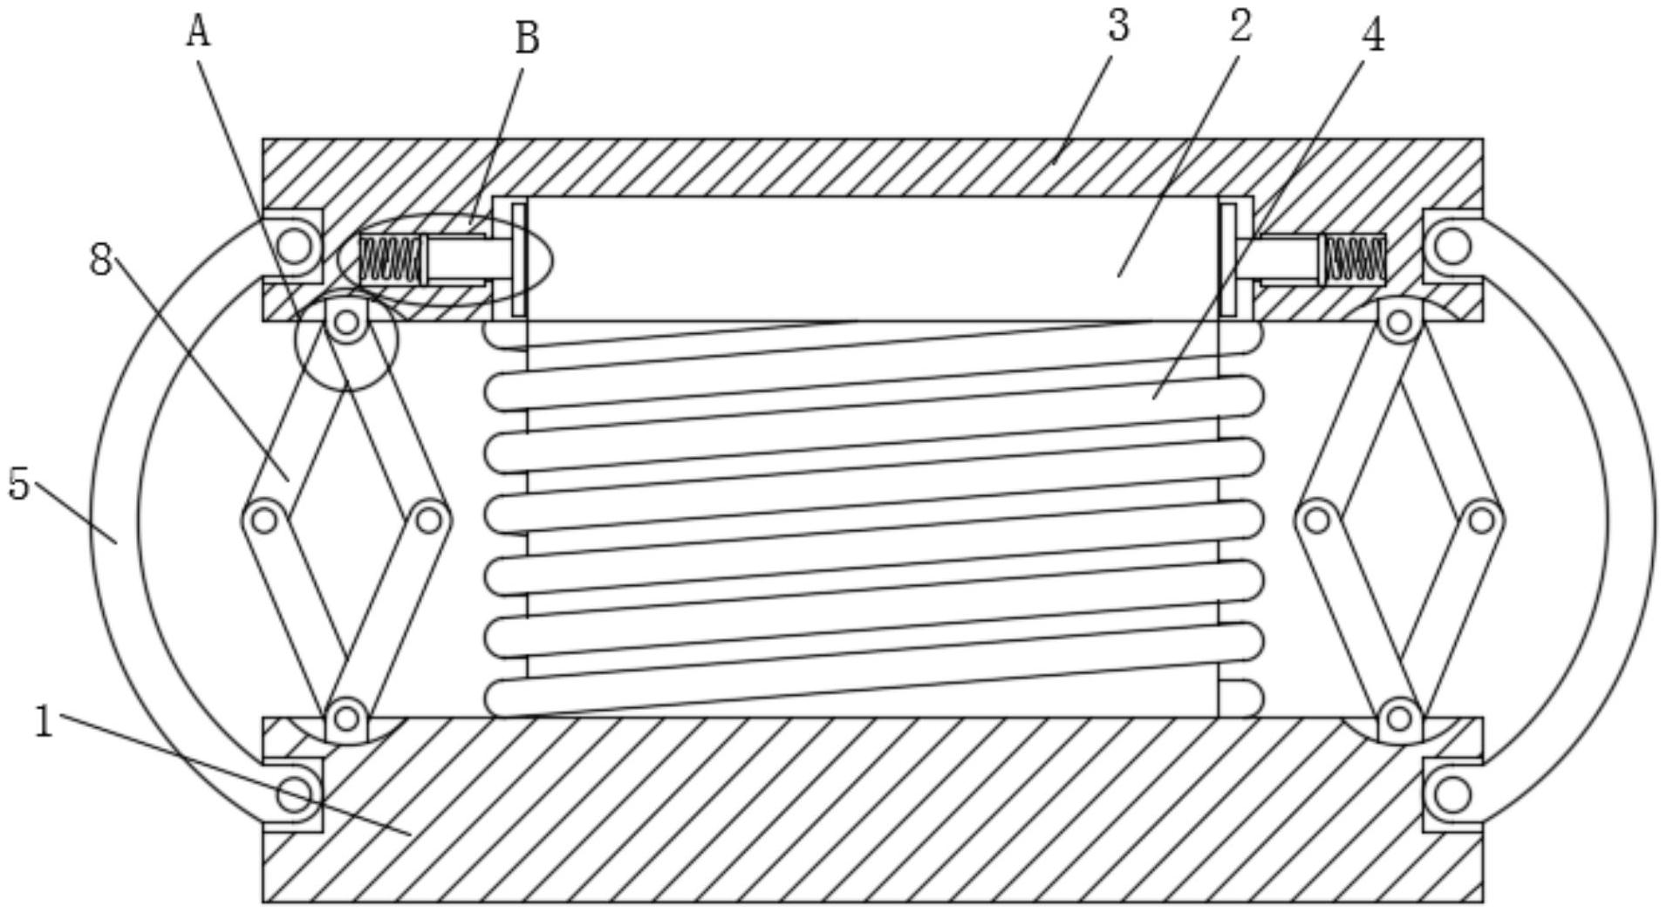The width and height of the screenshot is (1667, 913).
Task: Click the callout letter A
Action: coord(199,32)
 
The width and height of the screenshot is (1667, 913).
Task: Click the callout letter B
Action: coord(527,39)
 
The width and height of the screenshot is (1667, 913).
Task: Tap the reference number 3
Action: coord(1118,25)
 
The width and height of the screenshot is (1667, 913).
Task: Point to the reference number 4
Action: coord(1373,36)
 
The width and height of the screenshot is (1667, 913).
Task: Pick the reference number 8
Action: coord(101,259)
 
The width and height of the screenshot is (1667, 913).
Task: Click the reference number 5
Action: coord(19,484)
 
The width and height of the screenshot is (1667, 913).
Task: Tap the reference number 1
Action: coord(44,723)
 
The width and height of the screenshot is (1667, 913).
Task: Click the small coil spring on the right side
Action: coord(1355,259)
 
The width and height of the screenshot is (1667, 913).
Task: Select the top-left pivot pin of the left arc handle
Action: coord(295,246)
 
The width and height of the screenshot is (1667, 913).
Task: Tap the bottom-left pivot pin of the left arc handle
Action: coord(295,794)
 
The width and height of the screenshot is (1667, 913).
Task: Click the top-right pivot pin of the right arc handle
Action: coord(1452,246)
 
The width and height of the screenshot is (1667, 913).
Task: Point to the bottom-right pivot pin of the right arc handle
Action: coord(1452,794)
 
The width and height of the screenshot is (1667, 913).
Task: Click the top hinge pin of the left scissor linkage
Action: coord(347,323)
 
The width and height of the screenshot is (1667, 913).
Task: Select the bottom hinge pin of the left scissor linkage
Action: coord(347,719)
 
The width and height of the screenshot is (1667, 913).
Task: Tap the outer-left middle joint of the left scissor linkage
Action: coord(264,521)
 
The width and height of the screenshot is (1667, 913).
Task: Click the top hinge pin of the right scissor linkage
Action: coord(1399,323)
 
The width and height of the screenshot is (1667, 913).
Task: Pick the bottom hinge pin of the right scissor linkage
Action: coord(1399,719)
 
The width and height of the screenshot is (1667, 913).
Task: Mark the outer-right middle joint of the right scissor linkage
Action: coord(1481,521)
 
